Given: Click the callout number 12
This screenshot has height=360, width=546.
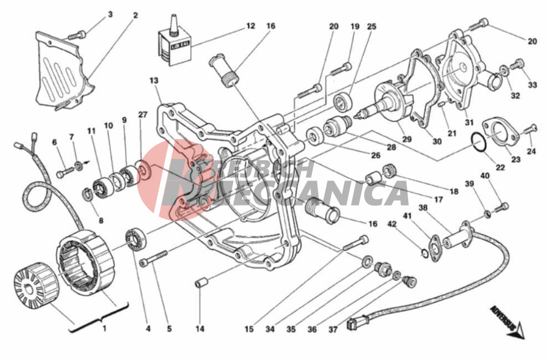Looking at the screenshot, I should click(250, 25).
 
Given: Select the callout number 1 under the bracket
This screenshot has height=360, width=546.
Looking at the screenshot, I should click(104, 328).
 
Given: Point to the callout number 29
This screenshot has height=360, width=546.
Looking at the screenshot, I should click(407, 138).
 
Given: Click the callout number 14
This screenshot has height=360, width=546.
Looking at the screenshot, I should click(200, 329).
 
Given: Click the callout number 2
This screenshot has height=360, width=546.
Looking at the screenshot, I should click(135, 16).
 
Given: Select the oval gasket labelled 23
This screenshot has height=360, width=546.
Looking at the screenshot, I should click(502, 129).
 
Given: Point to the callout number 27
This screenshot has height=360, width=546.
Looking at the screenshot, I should click(142, 115).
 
